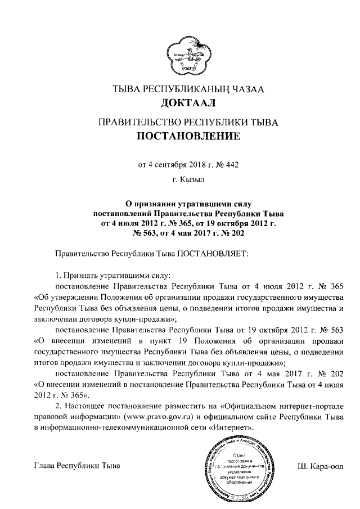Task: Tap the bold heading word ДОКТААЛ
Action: [x=180, y=103]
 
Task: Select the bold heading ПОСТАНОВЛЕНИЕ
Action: [x=180, y=136]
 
